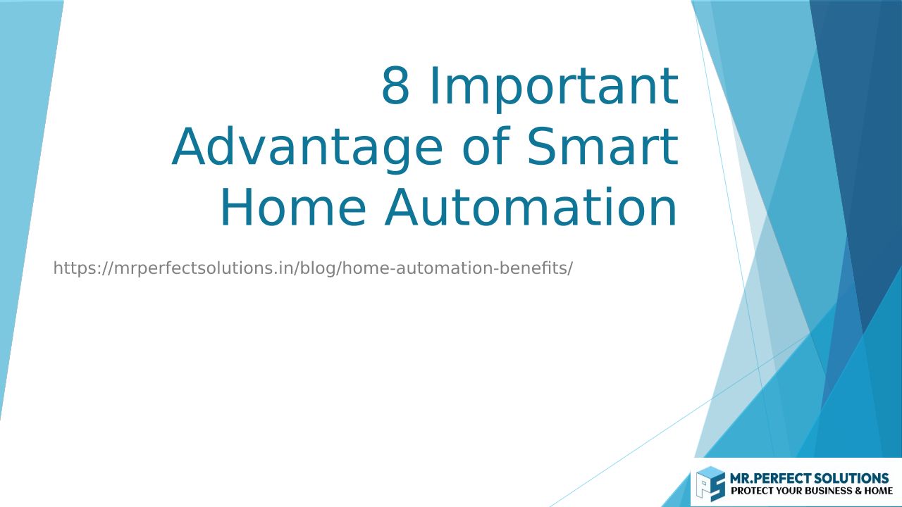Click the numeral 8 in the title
[x=395, y=85]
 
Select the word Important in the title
[x=554, y=89]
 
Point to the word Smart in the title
[x=603, y=146]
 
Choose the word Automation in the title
[x=531, y=208]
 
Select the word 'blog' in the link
[x=319, y=269]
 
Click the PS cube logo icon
[x=711, y=484]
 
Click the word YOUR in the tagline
[x=788, y=491]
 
